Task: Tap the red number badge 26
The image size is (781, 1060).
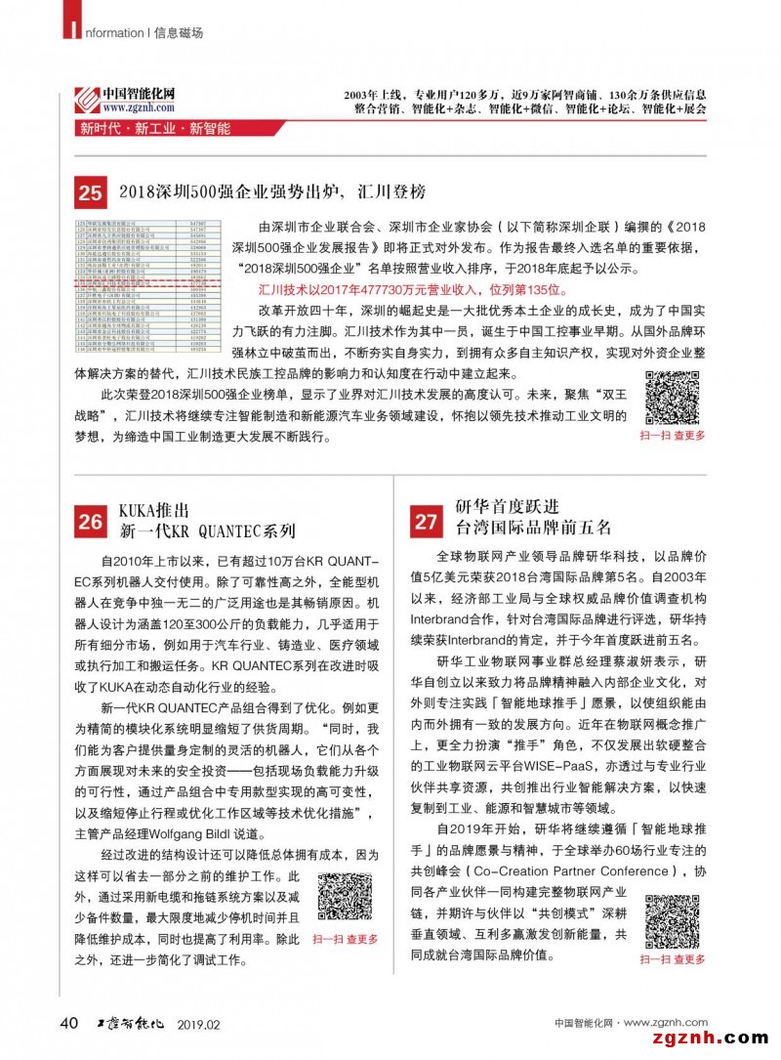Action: point(90,522)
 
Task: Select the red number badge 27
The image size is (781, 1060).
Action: point(426,522)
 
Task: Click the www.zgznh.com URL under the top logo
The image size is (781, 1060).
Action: point(138,108)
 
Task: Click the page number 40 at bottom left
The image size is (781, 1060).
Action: point(68,1022)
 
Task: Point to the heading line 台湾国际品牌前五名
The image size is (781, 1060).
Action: point(534,529)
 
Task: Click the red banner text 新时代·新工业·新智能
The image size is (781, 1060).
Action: point(155,129)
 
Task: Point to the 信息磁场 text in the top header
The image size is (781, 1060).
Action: point(179,32)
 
